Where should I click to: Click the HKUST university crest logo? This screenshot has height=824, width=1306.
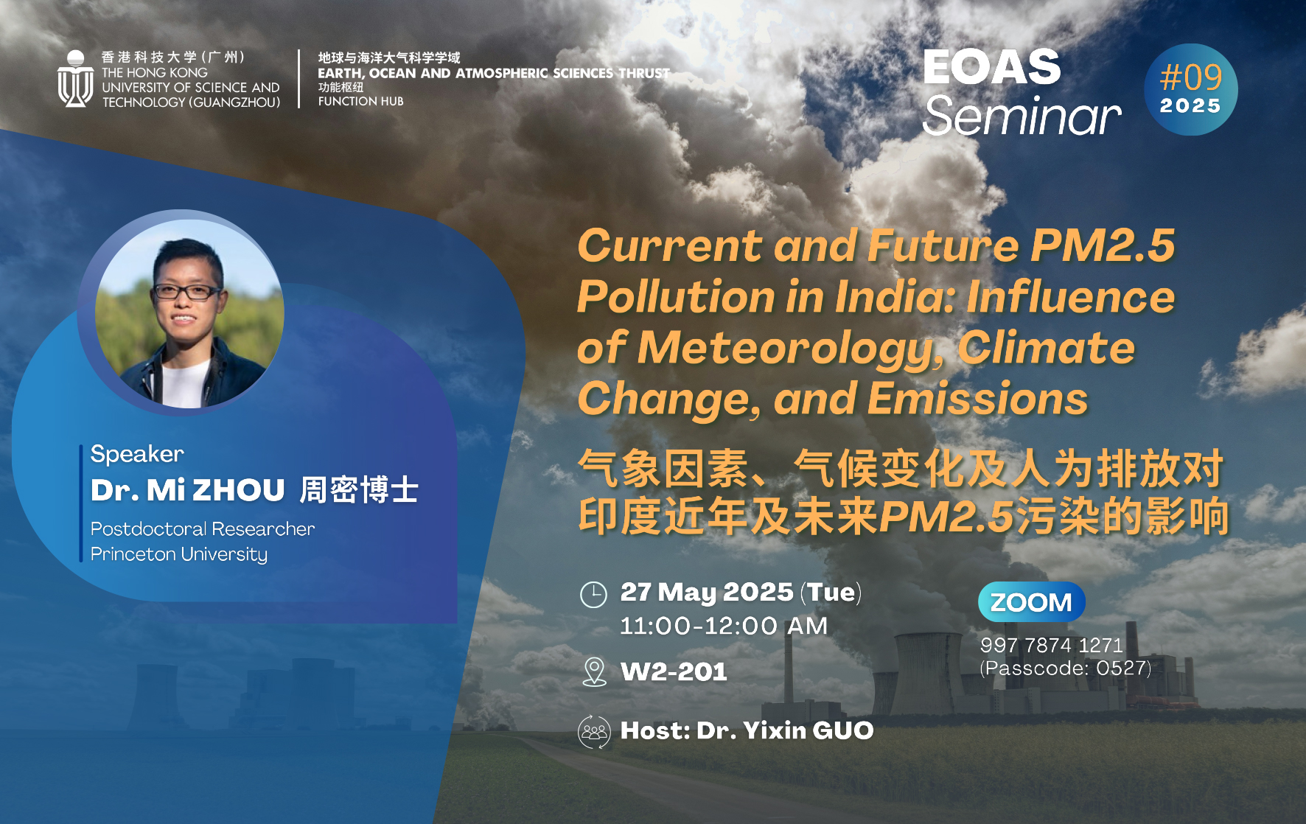point(75,79)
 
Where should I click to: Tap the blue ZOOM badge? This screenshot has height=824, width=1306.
point(1031,602)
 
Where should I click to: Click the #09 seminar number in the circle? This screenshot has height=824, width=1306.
point(1191,77)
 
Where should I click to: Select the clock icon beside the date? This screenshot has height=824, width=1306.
point(593,594)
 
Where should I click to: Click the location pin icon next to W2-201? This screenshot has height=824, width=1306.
point(594,671)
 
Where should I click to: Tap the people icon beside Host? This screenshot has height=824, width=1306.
point(594,732)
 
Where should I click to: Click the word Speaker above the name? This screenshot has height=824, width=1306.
point(137,454)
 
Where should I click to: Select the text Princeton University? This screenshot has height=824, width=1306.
point(179,554)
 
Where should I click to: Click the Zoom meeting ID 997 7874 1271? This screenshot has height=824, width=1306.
point(1052,645)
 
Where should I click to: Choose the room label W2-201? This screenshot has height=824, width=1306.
point(674,672)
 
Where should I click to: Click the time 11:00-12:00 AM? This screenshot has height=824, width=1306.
point(724,626)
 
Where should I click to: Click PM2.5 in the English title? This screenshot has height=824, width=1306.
point(1103,245)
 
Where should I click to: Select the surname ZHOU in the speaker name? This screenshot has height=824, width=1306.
point(239,491)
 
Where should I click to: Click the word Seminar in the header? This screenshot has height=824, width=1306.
point(1022,116)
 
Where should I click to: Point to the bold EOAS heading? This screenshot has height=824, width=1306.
point(992,67)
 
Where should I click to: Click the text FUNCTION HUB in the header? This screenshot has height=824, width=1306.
point(361,102)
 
